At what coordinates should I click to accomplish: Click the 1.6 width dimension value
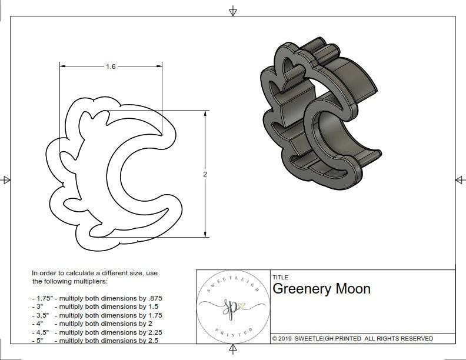(x=111, y=66)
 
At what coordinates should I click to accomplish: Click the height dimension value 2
(x=205, y=174)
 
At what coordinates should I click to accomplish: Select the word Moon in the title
(x=352, y=289)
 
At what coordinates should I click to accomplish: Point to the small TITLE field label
(x=280, y=278)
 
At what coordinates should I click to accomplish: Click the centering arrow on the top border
(x=234, y=11)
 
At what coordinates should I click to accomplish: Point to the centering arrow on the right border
(x=459, y=179)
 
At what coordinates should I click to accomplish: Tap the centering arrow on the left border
(x=6, y=179)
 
